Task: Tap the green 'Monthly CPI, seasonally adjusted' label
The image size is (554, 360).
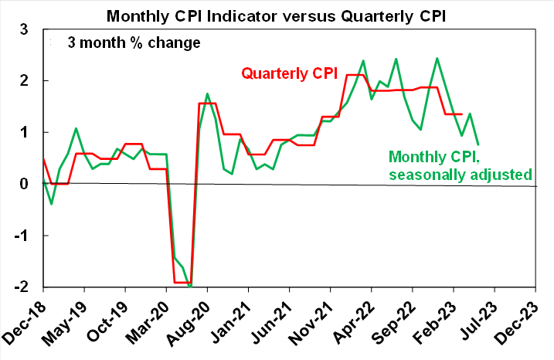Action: point(461,165)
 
